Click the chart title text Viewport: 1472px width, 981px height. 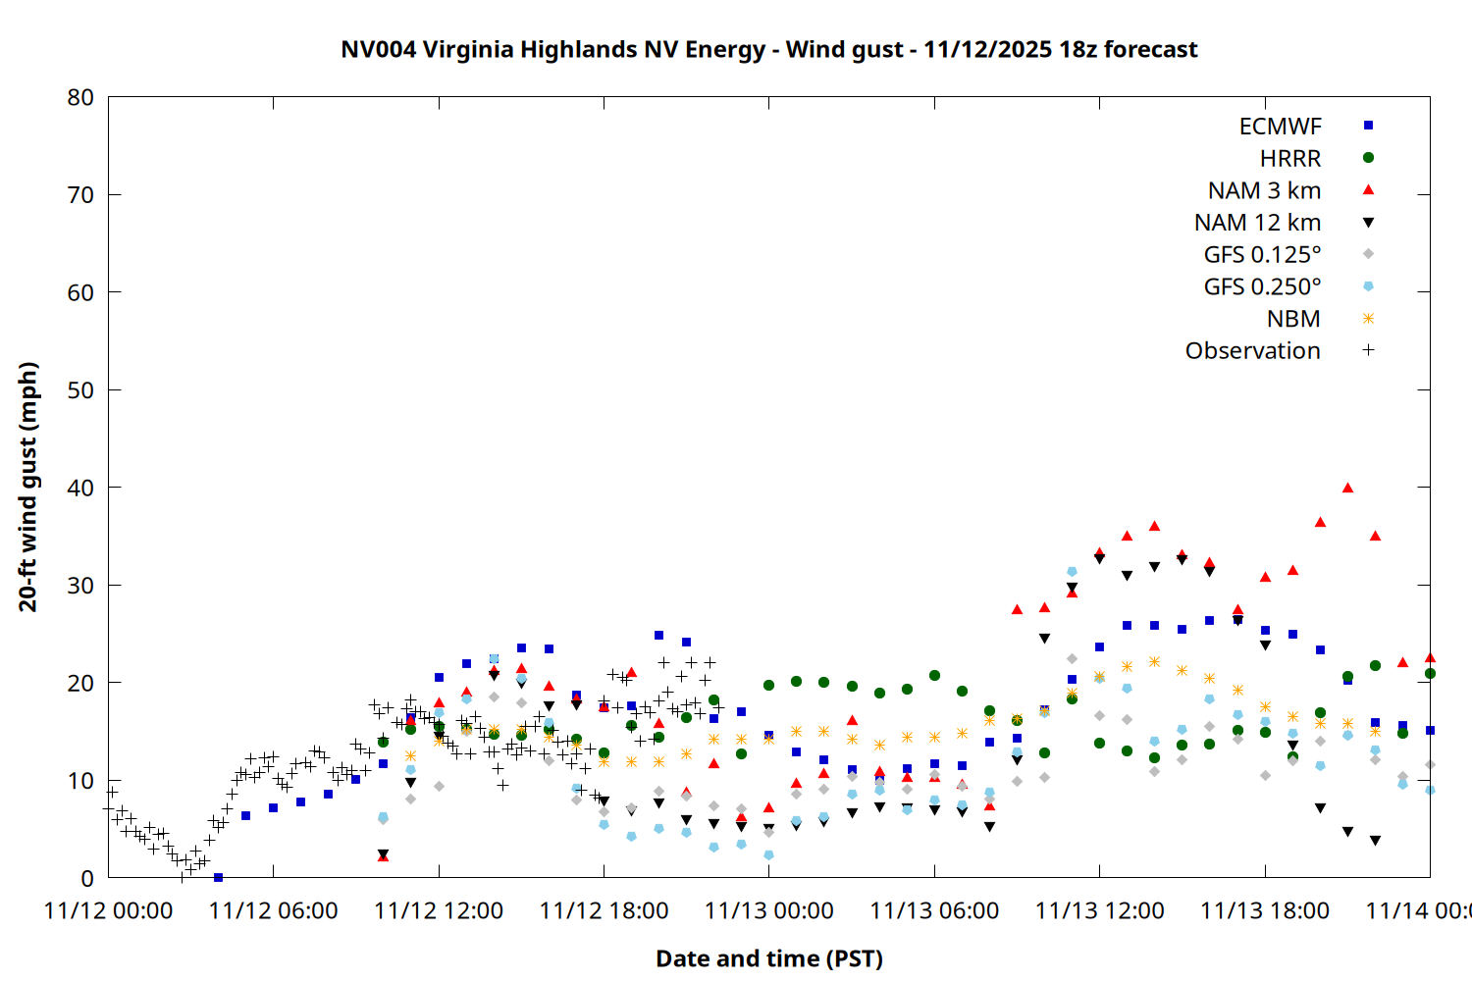point(768,49)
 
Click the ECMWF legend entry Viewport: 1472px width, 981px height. point(1281,127)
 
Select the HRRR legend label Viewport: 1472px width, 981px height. point(1290,159)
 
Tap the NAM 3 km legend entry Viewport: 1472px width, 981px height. point(1264,190)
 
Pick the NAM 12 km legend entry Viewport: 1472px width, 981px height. point(1257,223)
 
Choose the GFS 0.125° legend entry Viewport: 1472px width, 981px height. point(1262,255)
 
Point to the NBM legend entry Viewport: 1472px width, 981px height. point(1293,319)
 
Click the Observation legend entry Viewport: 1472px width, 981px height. point(1252,351)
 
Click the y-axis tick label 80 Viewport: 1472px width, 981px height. point(80,97)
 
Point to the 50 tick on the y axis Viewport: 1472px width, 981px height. point(80,390)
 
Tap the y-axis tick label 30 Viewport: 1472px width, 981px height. point(80,586)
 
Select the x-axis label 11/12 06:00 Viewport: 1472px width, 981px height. point(273,911)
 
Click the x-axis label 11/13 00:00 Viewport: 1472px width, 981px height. point(768,911)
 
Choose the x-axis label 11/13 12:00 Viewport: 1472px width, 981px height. point(1099,911)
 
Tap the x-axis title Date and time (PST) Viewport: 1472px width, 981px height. point(768,958)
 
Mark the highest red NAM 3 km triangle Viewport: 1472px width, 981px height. point(1347,488)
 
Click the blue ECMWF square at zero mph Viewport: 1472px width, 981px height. point(218,877)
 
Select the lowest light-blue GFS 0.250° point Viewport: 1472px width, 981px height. point(768,855)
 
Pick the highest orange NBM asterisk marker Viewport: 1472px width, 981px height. point(1154,661)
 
